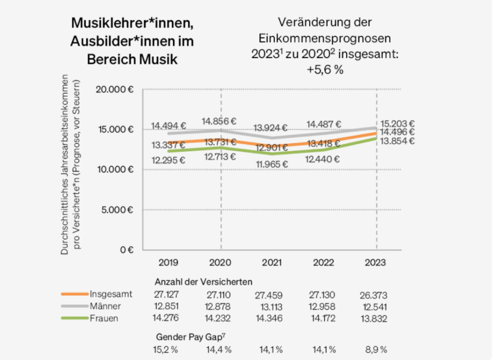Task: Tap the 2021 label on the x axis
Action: click(x=272, y=262)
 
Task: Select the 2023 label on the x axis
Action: click(x=375, y=262)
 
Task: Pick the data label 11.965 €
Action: click(x=272, y=163)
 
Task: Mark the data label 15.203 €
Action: click(x=397, y=124)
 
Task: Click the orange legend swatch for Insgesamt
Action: click(x=74, y=294)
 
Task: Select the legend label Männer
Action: click(x=105, y=306)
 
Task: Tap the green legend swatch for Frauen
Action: click(x=74, y=318)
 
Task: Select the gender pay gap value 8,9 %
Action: click(x=375, y=349)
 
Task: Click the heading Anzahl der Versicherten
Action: click(x=203, y=282)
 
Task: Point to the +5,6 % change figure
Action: click(x=325, y=70)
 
